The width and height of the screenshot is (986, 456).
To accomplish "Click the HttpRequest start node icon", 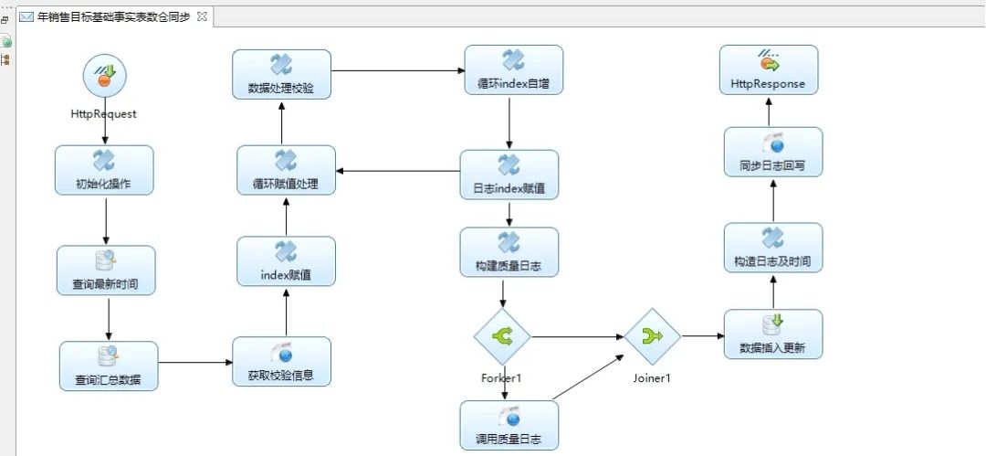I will click(x=104, y=76).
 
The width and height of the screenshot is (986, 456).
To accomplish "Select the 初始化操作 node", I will click(x=104, y=170).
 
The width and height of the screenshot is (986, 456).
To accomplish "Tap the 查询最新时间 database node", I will click(x=106, y=270).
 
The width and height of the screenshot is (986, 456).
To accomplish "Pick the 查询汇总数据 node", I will click(x=109, y=366).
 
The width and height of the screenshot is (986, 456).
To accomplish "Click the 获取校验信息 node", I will click(x=281, y=362).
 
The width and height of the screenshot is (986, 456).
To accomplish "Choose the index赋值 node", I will click(x=286, y=261).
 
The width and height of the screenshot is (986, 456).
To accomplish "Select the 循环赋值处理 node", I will click(x=286, y=170).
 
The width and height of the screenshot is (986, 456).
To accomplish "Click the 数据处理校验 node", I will click(x=281, y=74).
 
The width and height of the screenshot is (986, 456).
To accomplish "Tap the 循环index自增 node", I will click(x=513, y=70).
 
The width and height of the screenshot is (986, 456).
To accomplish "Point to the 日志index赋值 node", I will click(x=509, y=175).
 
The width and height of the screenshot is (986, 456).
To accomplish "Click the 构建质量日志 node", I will click(x=509, y=252).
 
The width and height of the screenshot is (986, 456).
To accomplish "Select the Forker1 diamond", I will click(x=502, y=336).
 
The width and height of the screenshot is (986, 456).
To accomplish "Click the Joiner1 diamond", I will click(x=653, y=336).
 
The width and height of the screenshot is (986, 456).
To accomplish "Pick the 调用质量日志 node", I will click(x=509, y=425).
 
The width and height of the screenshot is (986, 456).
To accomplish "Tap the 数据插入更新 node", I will click(x=773, y=334).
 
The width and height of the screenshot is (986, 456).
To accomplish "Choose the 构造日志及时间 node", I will click(x=773, y=248).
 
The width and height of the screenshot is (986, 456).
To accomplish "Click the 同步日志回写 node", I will click(x=773, y=152).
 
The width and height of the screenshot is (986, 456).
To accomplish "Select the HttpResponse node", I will click(x=769, y=69).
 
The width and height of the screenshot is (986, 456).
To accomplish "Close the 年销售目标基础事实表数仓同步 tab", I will click(x=203, y=16).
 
